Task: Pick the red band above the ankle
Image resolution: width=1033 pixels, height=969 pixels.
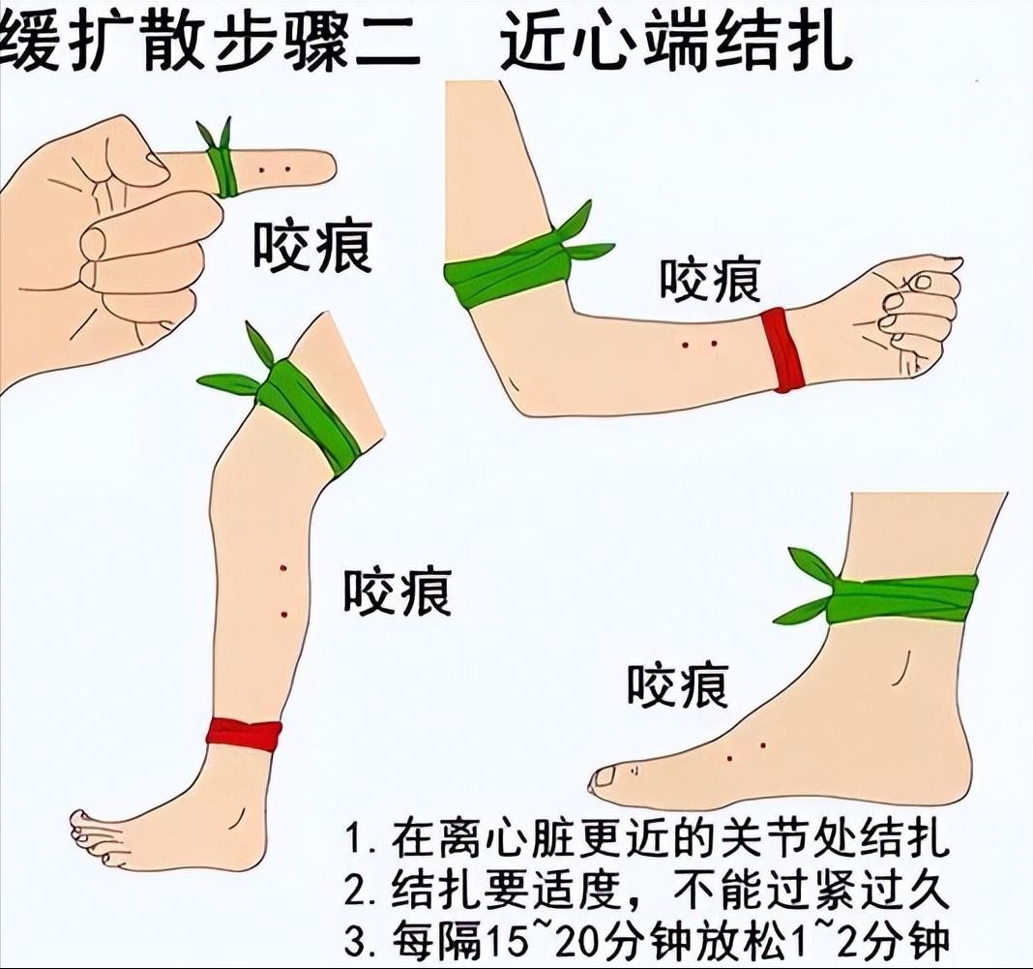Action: (244, 735)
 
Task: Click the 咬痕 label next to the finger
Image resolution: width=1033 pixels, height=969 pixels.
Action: (313, 247)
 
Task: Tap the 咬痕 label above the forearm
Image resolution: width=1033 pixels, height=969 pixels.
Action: (711, 280)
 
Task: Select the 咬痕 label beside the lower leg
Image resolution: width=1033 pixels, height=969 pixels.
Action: (398, 591)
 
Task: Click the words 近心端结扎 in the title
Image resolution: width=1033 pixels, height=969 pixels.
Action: (675, 41)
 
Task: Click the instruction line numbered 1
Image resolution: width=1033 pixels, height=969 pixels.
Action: (647, 838)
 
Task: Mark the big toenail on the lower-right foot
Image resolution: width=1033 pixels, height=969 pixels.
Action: (604, 778)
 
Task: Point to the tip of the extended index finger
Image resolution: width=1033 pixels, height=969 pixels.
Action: (332, 167)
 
